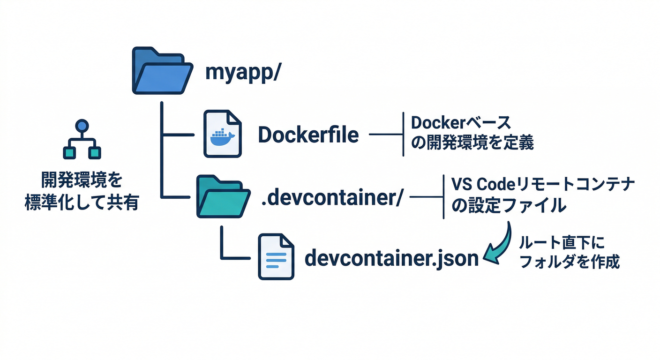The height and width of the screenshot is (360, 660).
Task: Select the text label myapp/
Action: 243,73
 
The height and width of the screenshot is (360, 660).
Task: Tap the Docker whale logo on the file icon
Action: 223,137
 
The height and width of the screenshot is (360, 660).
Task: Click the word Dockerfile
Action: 308,135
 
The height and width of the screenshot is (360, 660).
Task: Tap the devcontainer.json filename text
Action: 392,258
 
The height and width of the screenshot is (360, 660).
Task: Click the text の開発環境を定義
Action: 472,143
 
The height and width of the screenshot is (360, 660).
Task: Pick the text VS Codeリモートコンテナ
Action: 543,184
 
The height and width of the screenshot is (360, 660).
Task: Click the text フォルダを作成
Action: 570,262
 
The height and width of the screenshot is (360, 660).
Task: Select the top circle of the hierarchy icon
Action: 82,126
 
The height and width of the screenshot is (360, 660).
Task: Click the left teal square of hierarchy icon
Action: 69,152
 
